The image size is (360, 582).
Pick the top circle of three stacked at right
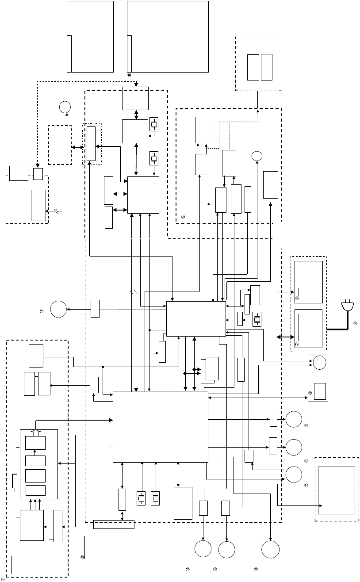294,419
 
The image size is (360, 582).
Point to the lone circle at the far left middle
58,308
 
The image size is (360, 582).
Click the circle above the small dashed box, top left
65,107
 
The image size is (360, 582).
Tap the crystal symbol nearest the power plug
257,319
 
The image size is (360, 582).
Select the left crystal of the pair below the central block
142,498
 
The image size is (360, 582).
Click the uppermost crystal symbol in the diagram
154,124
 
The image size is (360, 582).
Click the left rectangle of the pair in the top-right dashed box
253,67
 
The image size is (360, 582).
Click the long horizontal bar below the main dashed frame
114,525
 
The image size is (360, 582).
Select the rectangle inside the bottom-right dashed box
336,490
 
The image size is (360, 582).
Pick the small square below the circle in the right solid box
320,390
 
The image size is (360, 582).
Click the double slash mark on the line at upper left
58,211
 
